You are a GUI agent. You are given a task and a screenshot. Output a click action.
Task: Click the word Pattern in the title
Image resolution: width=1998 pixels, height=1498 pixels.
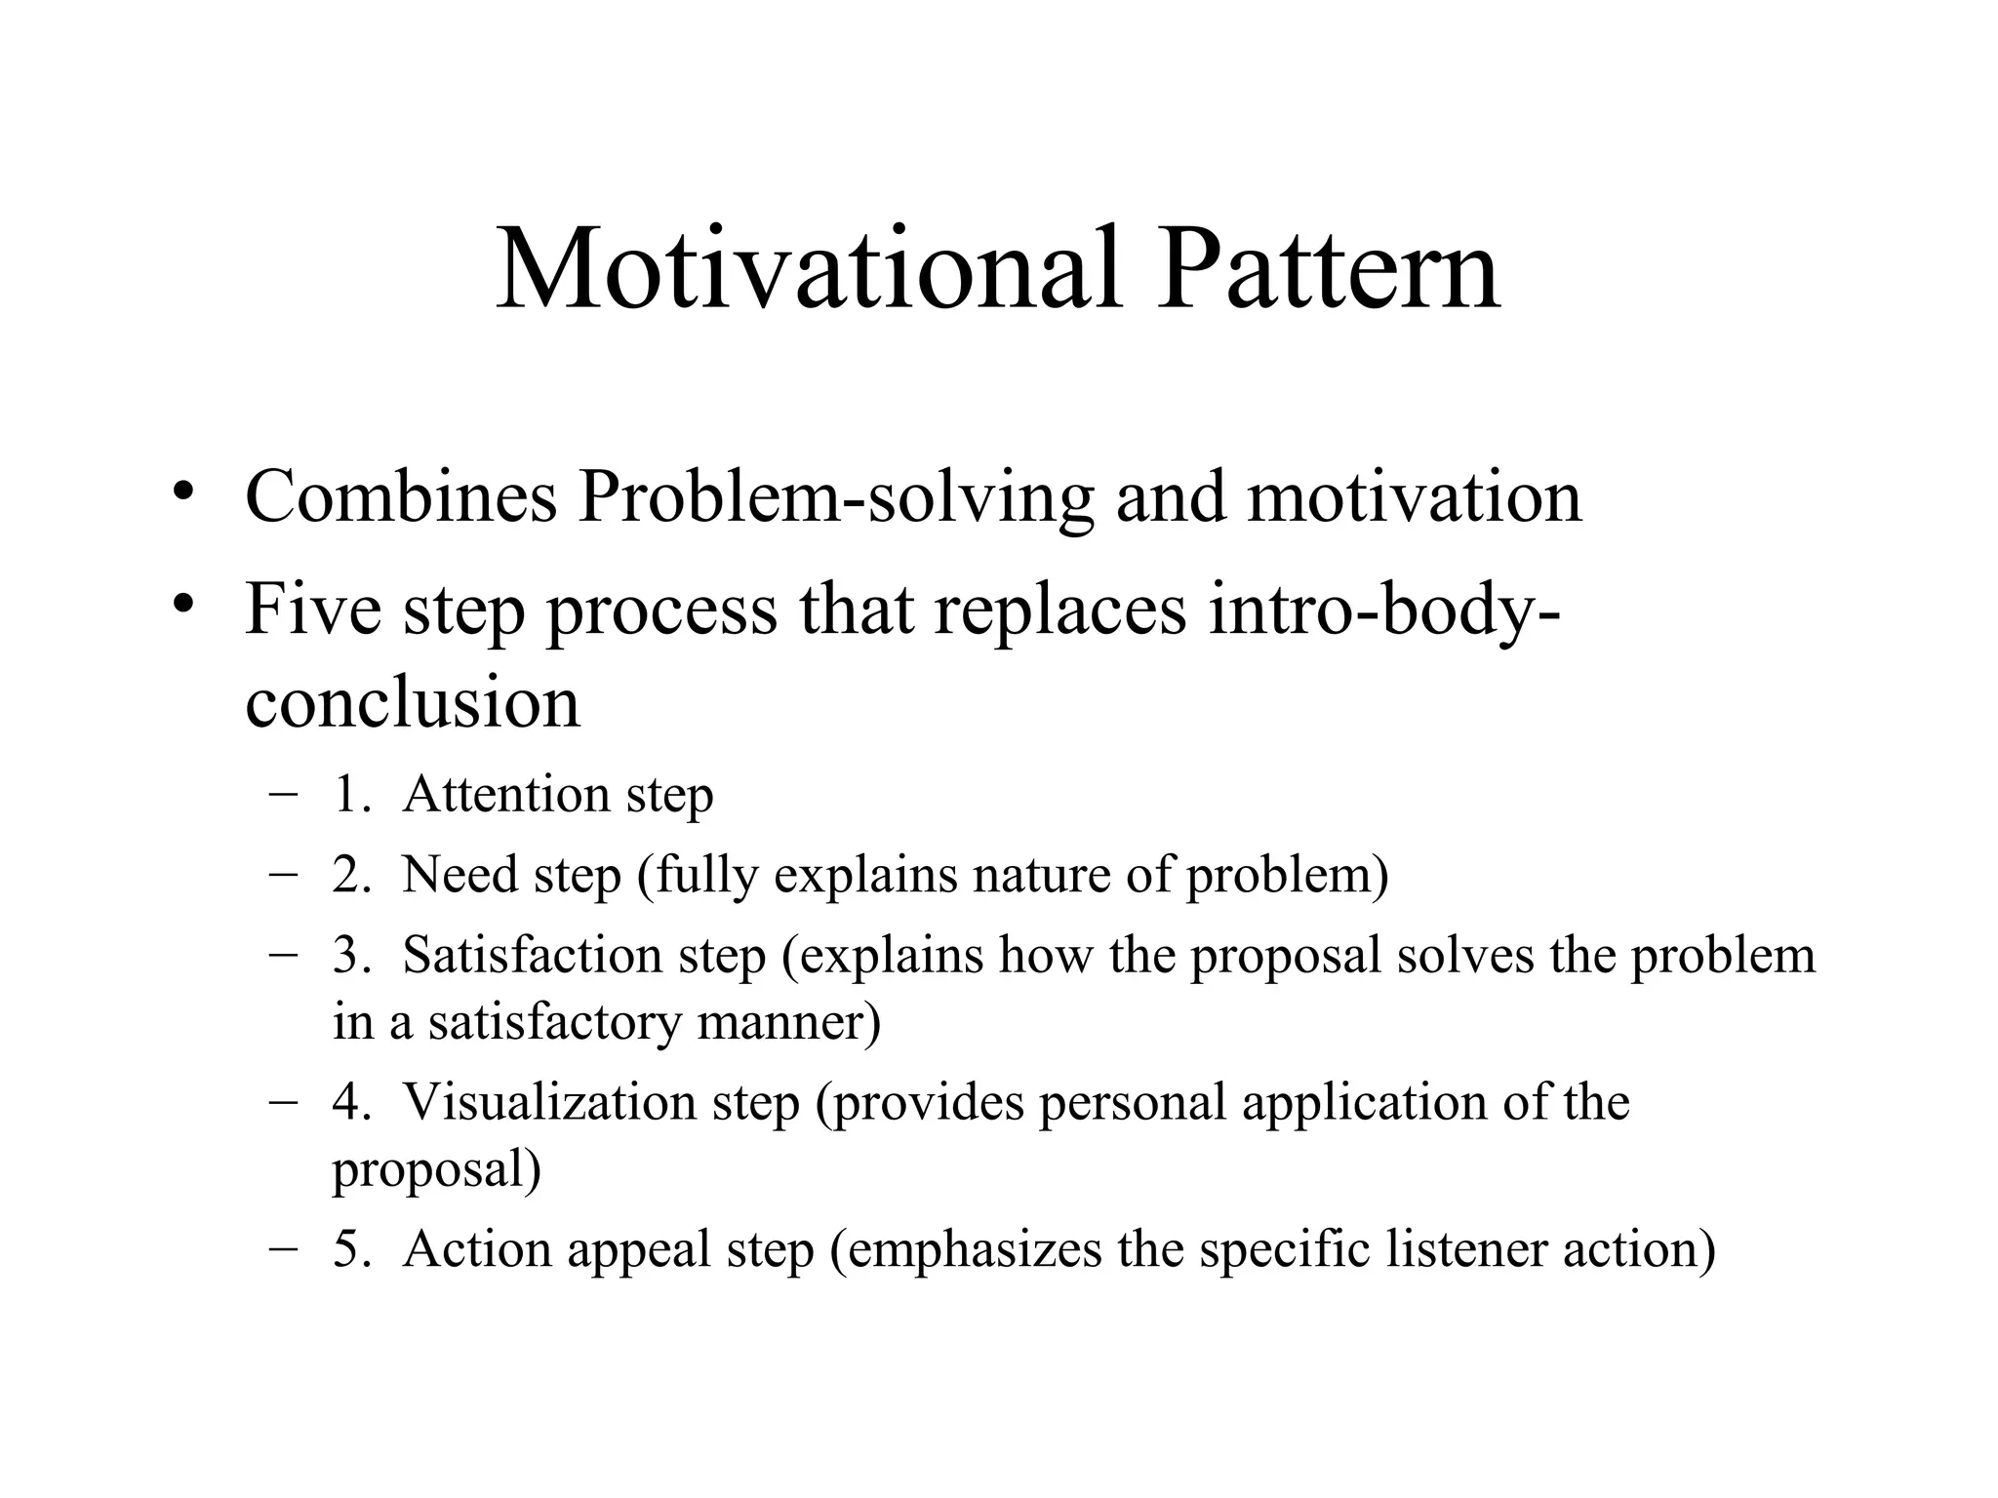(1328, 268)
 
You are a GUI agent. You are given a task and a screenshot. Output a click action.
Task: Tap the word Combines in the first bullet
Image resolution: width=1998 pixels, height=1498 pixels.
(400, 496)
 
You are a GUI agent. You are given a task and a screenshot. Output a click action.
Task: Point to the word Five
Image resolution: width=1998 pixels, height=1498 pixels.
(312, 609)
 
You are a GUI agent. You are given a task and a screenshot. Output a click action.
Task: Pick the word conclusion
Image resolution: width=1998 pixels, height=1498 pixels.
(413, 702)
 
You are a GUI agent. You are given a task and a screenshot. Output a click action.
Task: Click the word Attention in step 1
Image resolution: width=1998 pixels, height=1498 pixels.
(505, 794)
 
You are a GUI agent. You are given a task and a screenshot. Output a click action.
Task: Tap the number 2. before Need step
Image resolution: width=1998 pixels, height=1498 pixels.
(351, 874)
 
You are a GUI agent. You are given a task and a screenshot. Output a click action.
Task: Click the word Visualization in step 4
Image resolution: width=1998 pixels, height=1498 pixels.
(548, 1102)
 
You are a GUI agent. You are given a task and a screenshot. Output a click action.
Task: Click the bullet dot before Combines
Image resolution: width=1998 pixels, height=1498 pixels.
(181, 492)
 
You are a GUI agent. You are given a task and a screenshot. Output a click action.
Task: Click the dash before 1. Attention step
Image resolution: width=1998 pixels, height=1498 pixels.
(283, 794)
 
